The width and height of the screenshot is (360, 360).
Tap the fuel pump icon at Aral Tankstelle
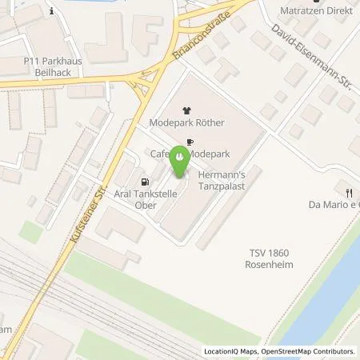pos(145,181)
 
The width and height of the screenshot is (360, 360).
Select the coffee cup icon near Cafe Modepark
pos(190,142)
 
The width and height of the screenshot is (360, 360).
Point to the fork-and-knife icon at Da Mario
pos(350,192)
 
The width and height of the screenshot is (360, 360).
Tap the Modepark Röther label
pos(187,123)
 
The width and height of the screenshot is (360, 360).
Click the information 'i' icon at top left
pos(50,11)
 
